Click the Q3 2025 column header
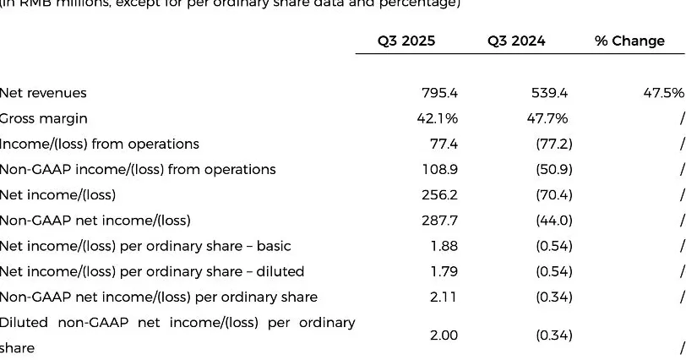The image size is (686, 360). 406,41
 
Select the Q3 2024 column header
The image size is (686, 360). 516,41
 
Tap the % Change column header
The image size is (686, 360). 629,41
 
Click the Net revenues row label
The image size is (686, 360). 43,93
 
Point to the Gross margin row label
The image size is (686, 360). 43,118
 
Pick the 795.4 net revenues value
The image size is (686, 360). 439,93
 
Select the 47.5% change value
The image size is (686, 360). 663,93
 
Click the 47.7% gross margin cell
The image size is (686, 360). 547,118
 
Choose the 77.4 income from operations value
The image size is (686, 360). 444,144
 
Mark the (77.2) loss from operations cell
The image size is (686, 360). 554,144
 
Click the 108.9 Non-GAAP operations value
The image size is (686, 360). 439,169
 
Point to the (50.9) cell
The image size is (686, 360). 554,169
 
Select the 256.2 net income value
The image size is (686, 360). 439,195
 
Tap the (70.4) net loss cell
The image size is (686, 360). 554,195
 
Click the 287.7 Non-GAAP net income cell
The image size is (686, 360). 439,221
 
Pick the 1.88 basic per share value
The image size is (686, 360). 444,246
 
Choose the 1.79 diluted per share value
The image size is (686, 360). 444,271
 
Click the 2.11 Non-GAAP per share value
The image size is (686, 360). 444,297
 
